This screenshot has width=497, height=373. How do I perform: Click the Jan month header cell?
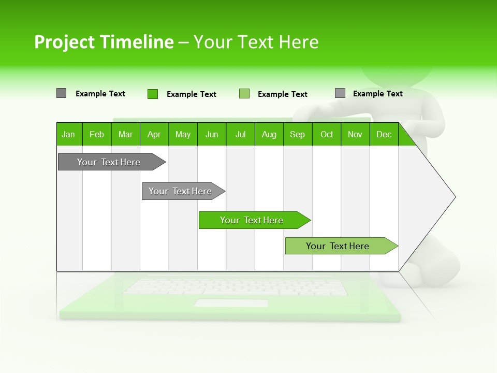coord(69,134)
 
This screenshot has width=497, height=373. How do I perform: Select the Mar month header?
coord(125,134)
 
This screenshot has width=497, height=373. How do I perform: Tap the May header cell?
coord(183,134)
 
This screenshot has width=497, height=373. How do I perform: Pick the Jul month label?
coord(240,134)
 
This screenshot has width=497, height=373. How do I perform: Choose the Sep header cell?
coord(297,134)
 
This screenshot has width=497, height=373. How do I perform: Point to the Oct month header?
coord(327,134)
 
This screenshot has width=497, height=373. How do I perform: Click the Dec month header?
coord(384,134)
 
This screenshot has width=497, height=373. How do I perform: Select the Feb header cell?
coord(97,134)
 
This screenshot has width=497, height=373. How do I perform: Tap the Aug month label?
coord(269,134)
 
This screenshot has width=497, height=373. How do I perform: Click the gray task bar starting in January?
coord(109,162)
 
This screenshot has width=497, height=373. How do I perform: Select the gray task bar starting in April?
coord(180,191)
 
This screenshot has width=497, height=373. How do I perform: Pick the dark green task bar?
coord(252,220)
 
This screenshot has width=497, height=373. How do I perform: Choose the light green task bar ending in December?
coord(338,246)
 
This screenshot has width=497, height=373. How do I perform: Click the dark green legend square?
coord(153,94)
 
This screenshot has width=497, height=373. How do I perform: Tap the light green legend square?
coord(244,94)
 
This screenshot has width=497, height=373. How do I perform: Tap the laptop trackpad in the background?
coord(231,303)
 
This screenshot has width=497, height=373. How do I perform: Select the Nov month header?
coord(355,134)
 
